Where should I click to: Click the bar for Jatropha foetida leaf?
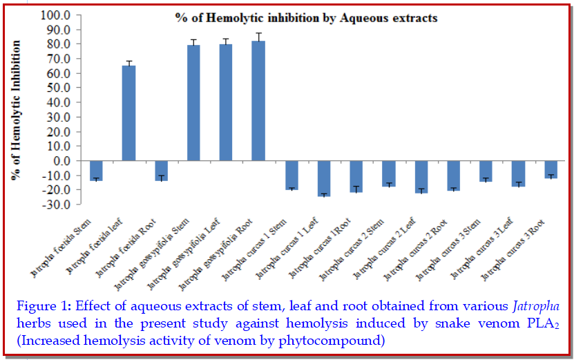click(x=128, y=113)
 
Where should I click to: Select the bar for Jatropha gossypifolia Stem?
click(x=193, y=103)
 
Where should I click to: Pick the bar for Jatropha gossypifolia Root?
click(x=258, y=101)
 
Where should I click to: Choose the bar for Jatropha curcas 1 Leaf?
click(x=324, y=178)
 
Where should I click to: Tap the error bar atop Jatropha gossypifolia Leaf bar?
click(x=226, y=41)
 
